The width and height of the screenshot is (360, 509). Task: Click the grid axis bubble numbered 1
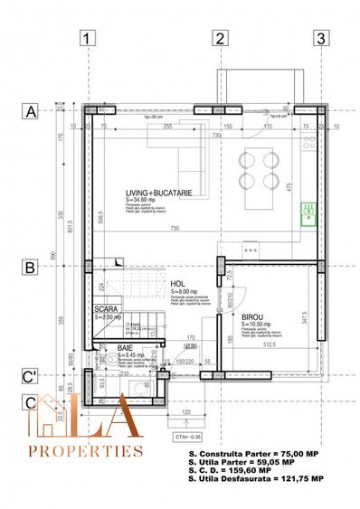tap(87, 38)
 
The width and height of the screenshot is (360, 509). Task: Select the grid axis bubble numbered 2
tap(219, 38)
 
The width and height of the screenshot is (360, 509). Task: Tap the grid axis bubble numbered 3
tap(319, 38)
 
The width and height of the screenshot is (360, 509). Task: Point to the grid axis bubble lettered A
tap(31, 112)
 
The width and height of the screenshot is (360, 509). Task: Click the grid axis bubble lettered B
tap(31, 268)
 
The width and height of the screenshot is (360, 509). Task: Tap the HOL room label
tap(177, 283)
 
